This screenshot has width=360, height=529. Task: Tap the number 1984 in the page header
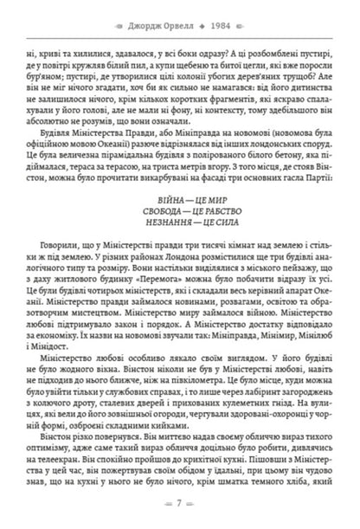(x=205, y=15)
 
